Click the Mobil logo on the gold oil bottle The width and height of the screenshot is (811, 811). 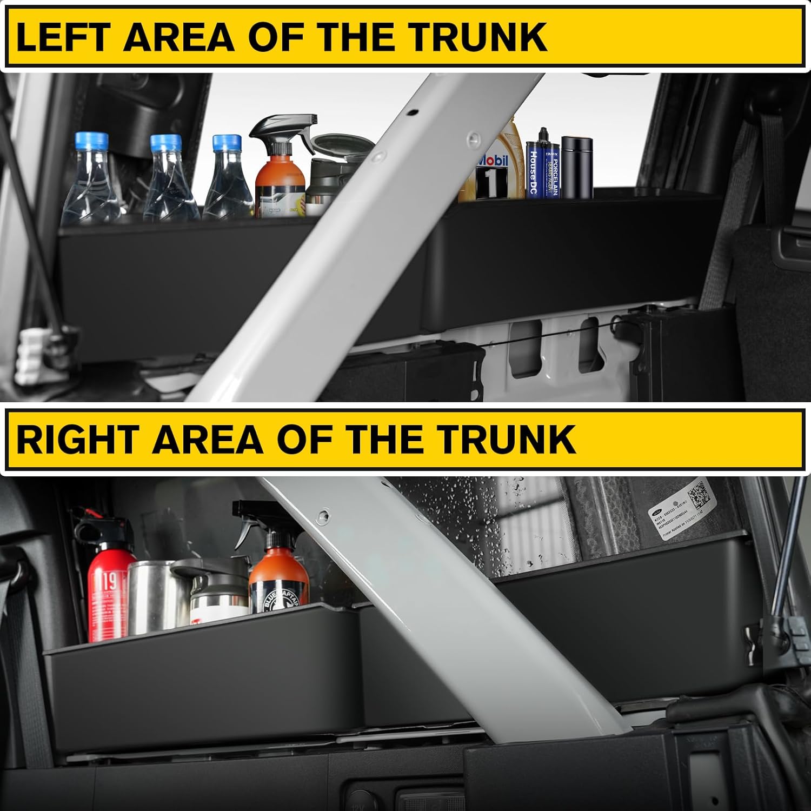(493, 161)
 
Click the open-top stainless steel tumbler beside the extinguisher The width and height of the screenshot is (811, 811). (149, 595)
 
